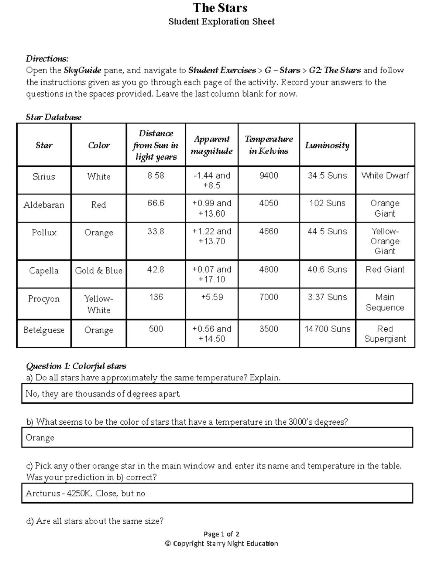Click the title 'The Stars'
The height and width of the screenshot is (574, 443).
pyautogui.click(x=220, y=8)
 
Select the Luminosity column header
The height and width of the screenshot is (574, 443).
pyautogui.click(x=327, y=145)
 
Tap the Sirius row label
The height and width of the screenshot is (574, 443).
pyautogui.click(x=44, y=177)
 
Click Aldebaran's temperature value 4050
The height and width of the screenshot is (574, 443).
pyautogui.click(x=268, y=203)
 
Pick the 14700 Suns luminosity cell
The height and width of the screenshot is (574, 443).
pyautogui.click(x=327, y=329)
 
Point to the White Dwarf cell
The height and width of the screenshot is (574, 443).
pyautogui.click(x=385, y=176)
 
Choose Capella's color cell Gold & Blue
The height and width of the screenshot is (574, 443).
pyautogui.click(x=99, y=271)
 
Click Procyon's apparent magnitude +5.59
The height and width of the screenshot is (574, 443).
pyautogui.click(x=212, y=297)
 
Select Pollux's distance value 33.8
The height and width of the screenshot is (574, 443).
pyautogui.click(x=155, y=231)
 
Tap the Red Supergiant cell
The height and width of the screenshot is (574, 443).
pyautogui.click(x=385, y=334)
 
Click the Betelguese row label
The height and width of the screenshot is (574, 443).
pyautogui.click(x=44, y=330)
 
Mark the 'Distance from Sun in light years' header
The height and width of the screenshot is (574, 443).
pyautogui.click(x=155, y=145)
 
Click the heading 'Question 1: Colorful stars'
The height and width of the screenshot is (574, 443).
pyautogui.click(x=76, y=366)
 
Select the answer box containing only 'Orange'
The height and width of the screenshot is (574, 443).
pyautogui.click(x=217, y=438)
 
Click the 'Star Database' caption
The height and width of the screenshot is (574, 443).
pyautogui.click(x=54, y=117)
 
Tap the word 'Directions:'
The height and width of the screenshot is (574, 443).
pyautogui.click(x=47, y=59)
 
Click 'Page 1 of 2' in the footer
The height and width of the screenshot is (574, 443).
pyautogui.click(x=221, y=534)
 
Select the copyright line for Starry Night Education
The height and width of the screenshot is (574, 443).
pyautogui.click(x=221, y=543)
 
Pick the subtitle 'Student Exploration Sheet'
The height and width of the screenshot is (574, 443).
pyautogui.click(x=221, y=21)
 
